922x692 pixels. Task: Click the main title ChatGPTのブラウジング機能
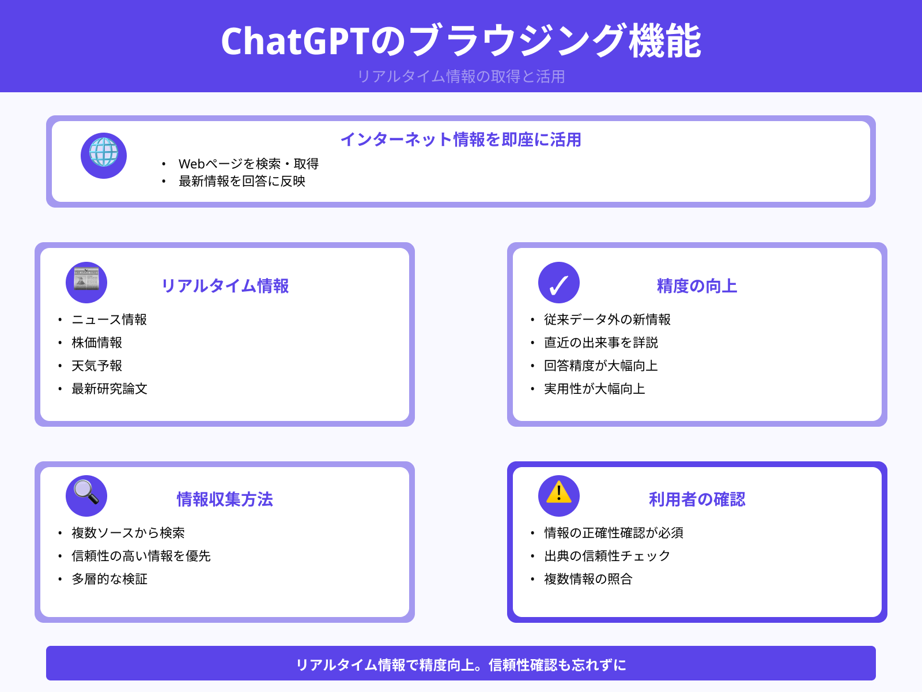[x=461, y=41]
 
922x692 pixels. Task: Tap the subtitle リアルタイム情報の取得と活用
[x=461, y=76]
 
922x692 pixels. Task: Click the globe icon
[x=104, y=155]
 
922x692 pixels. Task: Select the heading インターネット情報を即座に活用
[x=460, y=140]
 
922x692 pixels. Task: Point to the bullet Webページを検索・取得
[x=248, y=164]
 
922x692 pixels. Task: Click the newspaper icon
[x=86, y=282]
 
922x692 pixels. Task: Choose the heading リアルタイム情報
[x=225, y=286]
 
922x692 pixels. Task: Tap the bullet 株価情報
[x=97, y=343]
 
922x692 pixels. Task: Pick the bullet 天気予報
[x=97, y=366]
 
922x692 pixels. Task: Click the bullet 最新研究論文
[x=109, y=389]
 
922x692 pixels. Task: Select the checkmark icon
[x=559, y=283]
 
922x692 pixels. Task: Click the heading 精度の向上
[x=697, y=286]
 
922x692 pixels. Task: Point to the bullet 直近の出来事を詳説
[x=601, y=343]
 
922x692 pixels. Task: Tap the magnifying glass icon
[x=86, y=495]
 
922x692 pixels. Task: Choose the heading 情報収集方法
[x=225, y=499]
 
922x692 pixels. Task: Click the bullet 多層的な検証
[x=109, y=579]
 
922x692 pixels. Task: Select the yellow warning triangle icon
[x=559, y=494]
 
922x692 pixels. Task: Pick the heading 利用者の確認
[x=697, y=499]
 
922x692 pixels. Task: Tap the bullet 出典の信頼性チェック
[x=607, y=556]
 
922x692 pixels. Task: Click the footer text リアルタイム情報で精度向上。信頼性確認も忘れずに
[x=461, y=665]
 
